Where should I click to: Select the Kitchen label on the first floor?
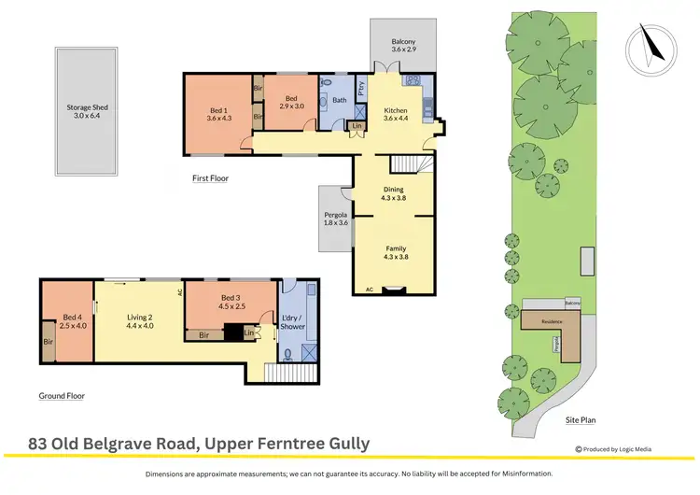[397, 113]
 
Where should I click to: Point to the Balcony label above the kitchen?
[402, 42]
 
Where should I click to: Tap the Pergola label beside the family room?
[334, 219]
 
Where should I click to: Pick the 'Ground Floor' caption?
[62, 396]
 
